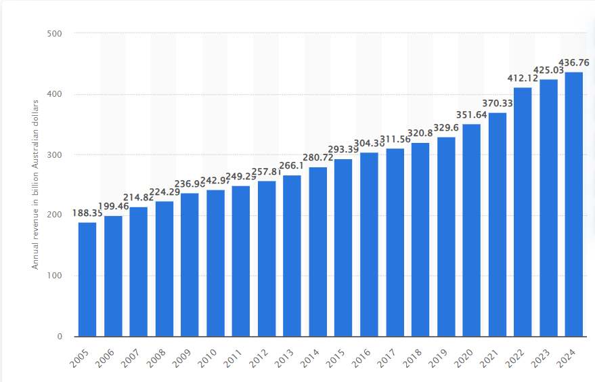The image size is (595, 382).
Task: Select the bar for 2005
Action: click(x=87, y=279)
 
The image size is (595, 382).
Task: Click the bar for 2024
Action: click(x=574, y=204)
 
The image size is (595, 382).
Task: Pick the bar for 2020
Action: click(x=472, y=230)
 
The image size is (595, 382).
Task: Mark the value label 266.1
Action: click(x=292, y=167)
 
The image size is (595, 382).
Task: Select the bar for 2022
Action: click(x=523, y=211)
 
